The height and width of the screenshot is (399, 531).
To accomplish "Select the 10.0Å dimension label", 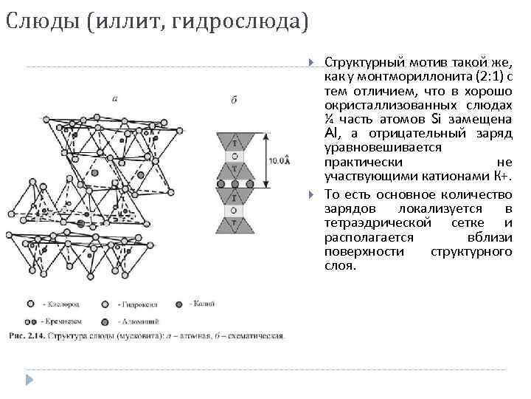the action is pyautogui.click(x=278, y=160).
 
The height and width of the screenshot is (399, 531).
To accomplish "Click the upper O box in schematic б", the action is pyautogui.click(x=235, y=157).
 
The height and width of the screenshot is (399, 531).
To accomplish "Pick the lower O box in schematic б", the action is pyautogui.click(x=235, y=211).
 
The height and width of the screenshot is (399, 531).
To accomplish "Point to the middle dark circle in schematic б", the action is pyautogui.click(x=235, y=184).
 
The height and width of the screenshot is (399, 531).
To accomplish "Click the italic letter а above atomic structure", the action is pyautogui.click(x=114, y=97).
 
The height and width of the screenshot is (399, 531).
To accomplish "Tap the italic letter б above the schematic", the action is pyautogui.click(x=234, y=100).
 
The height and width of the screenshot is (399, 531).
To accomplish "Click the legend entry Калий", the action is pyautogui.click(x=200, y=303).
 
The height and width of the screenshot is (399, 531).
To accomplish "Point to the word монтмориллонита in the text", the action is pyautogui.click(x=398, y=76).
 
